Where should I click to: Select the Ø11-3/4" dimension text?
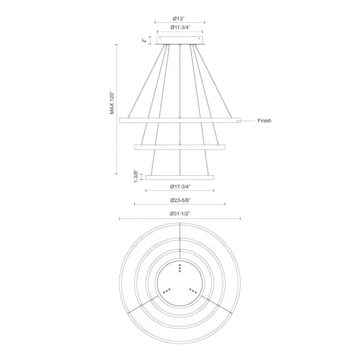point(180,27)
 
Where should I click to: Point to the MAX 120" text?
point(112,103)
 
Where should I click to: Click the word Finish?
point(265,121)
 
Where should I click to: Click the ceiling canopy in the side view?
point(180,40)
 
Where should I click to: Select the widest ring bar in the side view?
point(180,121)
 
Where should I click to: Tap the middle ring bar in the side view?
point(180,146)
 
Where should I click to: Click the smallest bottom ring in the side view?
point(180,177)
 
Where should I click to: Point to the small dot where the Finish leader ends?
point(238,121)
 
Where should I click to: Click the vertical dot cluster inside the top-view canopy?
point(180,268)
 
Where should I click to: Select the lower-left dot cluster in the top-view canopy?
point(167,290)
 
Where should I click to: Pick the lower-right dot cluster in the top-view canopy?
point(193,290)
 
